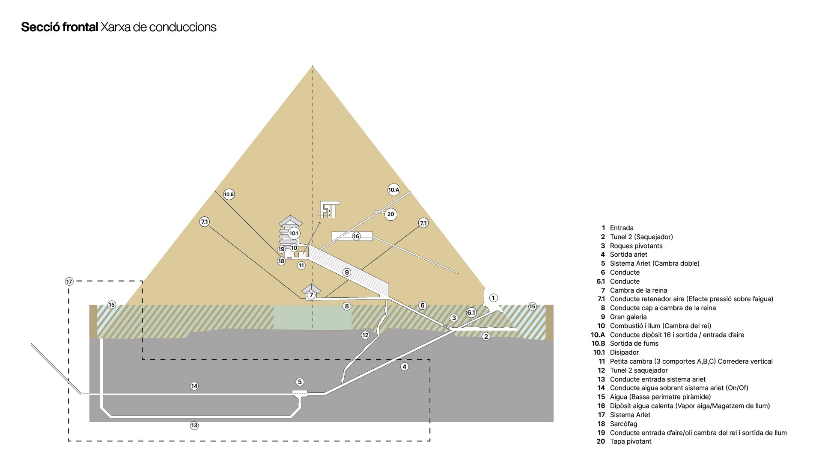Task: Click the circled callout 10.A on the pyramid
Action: pos(393,190)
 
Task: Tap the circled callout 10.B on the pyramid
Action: pos(229,194)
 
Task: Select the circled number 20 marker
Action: pos(390,214)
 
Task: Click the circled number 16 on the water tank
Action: pos(356,236)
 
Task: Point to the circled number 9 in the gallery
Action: pos(347,272)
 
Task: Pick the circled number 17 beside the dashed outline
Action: pos(69,281)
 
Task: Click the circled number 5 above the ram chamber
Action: pos(300,382)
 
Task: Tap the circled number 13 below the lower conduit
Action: pos(194,426)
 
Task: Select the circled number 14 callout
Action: pos(194,386)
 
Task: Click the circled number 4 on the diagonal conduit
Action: pos(405,367)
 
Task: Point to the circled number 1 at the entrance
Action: pos(493,298)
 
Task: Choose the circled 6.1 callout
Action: pos(471,313)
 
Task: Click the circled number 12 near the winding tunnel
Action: pos(365,335)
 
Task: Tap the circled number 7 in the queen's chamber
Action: pos(311,295)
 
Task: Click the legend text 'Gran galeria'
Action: pos(628,317)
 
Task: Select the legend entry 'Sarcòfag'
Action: pos(623,424)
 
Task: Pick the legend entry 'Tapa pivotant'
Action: pos(631,441)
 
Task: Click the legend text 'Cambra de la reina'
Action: pos(638,290)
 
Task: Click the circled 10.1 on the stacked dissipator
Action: pos(294,233)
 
